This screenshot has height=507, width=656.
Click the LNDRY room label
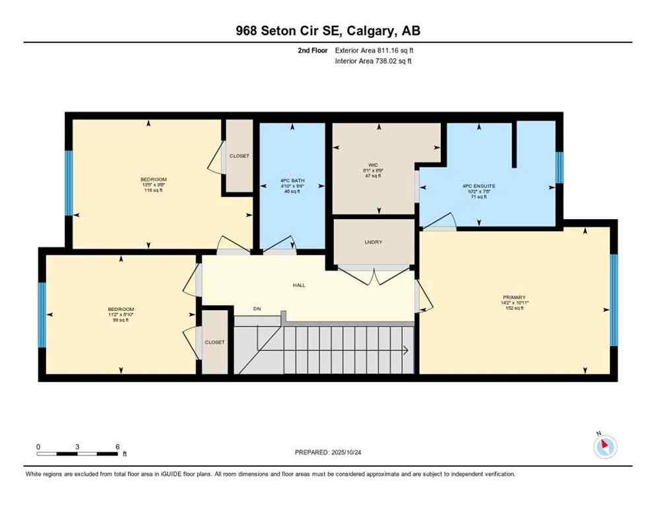coord(373,242)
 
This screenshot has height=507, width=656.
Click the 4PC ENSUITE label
coord(478,186)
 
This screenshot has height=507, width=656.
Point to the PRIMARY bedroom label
coord(513,297)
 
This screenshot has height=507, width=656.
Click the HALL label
coord(299,285)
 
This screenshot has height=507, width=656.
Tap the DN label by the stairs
coord(257,309)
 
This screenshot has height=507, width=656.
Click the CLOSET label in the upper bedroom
coord(239,156)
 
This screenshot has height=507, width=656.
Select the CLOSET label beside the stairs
coord(214,342)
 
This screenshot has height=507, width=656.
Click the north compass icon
coord(605,446)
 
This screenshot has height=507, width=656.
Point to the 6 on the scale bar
coord(117,447)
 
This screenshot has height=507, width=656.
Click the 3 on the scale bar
coord(78,447)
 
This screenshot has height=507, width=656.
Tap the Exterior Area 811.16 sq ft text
coord(374,50)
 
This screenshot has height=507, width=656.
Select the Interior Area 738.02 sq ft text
coord(374,61)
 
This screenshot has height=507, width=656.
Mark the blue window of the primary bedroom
coord(613,300)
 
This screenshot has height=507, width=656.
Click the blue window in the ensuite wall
coord(560,167)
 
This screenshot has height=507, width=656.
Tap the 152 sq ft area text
coord(513,308)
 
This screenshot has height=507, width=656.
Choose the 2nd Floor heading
coord(313,50)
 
